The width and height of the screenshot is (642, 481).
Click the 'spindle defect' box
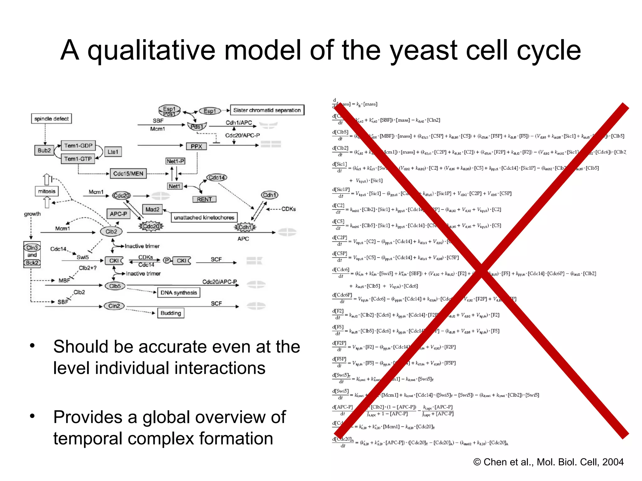pos(51,119)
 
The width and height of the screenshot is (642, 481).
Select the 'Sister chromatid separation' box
pos(267,110)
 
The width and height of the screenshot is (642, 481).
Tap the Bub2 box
pos(44,151)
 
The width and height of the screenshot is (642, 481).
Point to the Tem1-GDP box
pos(78,146)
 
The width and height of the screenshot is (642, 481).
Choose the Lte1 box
pos(113,152)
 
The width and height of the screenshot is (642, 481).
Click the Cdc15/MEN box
pos(128,173)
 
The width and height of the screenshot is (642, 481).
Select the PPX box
pos(196,146)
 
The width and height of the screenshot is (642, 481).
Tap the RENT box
pos(204,199)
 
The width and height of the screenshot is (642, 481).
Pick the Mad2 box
pos(152,209)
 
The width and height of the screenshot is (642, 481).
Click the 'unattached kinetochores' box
pos(204,217)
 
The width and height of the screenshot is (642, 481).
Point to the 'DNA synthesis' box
pos(179,292)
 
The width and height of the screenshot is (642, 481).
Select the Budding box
pos(171,313)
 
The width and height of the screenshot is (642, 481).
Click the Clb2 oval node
pos(111,232)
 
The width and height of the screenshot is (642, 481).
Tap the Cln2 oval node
pos(114,306)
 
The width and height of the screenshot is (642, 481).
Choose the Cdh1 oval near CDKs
pos(270,195)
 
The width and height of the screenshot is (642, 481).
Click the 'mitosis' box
pos(47,191)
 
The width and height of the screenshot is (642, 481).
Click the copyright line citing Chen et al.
pos(548,462)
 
